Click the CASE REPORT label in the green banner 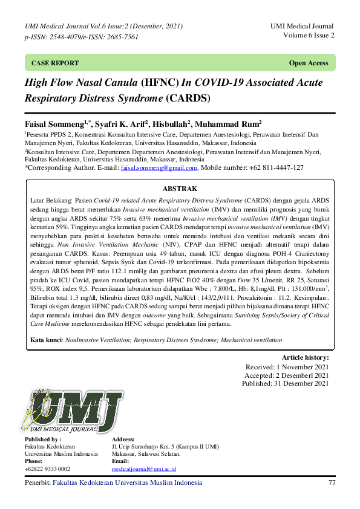point(54,63)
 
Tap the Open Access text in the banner point(309,63)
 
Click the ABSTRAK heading point(180,189)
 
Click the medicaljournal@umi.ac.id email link point(142,469)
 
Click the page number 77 point(331,483)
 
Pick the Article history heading point(305,358)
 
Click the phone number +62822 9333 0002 point(47,469)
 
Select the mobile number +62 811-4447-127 point(278,168)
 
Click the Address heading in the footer point(123,439)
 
